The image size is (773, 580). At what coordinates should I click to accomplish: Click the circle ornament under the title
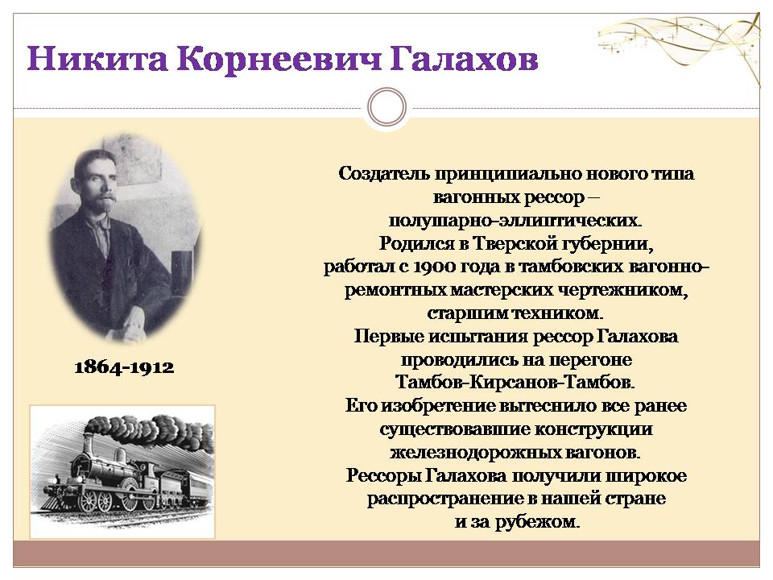pyautogui.click(x=387, y=107)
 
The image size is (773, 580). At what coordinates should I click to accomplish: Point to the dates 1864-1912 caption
pyautogui.click(x=124, y=367)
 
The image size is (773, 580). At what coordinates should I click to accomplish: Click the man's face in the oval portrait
pyautogui.click(x=97, y=185)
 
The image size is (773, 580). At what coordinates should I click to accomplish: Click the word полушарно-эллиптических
pyautogui.click(x=515, y=221)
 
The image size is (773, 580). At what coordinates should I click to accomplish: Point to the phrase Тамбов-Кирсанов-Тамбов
pyautogui.click(x=515, y=382)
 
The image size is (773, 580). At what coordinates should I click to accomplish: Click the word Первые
pyautogui.click(x=388, y=337)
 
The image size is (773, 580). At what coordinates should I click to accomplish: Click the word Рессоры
pyautogui.click(x=383, y=476)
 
